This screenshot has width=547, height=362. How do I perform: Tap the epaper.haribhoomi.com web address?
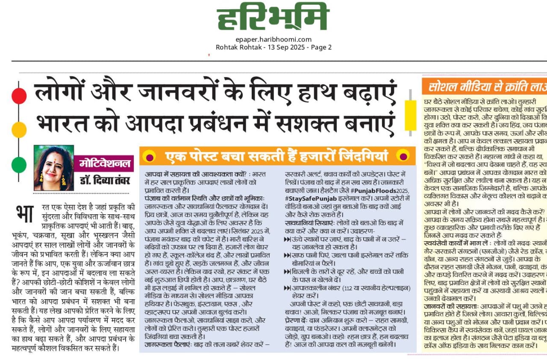pyautogui.click(x=273, y=40)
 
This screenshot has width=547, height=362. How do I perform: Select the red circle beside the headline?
pyautogui.click(x=19, y=95)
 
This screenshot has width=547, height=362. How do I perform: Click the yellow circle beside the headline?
pyautogui.click(x=19, y=129)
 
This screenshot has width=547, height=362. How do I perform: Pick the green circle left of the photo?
pyautogui.click(x=19, y=165)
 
